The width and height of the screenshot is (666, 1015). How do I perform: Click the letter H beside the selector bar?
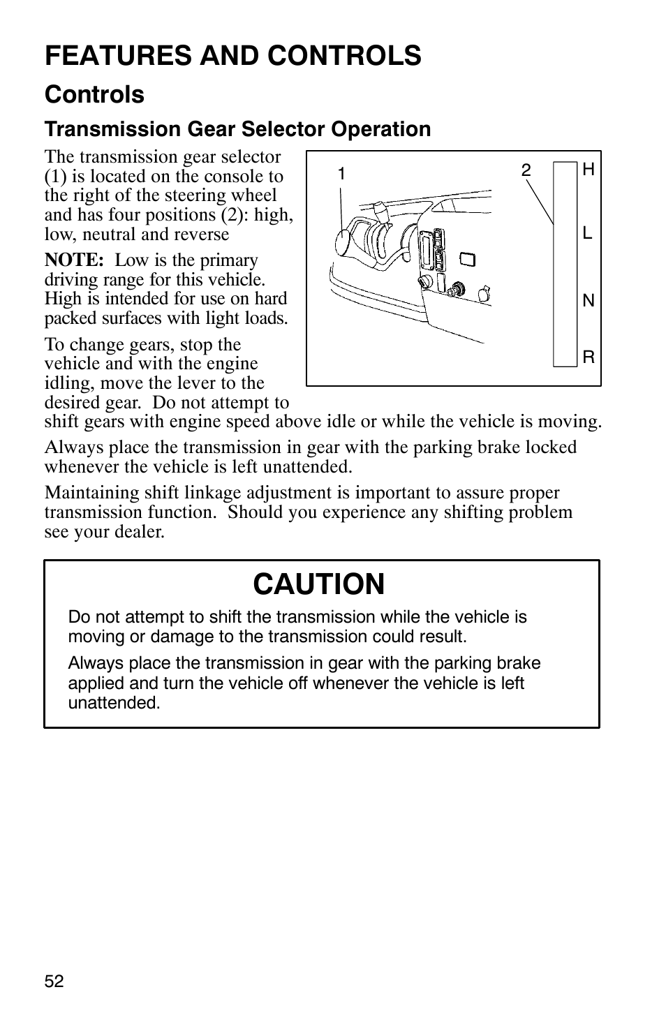(588, 170)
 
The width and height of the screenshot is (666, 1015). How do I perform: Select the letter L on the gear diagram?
(587, 234)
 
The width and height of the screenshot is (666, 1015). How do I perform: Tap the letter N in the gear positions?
(588, 301)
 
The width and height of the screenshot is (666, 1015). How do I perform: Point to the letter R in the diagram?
(588, 357)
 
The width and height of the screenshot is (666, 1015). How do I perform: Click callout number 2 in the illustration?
(526, 170)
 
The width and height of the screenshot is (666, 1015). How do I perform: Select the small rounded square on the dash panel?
(468, 260)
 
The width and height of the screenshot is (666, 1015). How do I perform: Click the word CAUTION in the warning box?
(319, 584)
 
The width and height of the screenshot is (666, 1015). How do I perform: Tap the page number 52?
(54, 981)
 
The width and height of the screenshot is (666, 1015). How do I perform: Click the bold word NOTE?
(74, 260)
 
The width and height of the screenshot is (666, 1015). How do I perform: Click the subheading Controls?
(94, 94)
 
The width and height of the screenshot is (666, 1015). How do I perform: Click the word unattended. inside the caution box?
(114, 703)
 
